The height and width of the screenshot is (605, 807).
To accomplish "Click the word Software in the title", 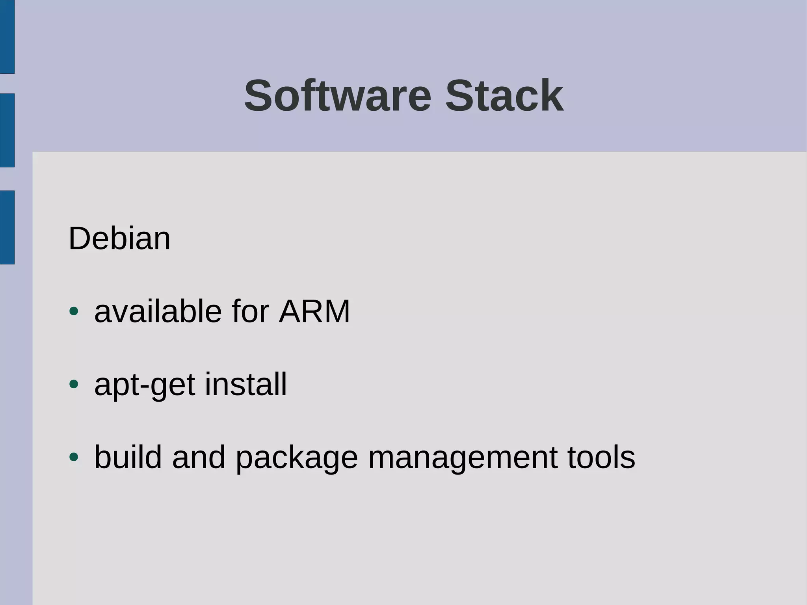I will (338, 96).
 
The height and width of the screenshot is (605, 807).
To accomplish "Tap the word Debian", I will (119, 238).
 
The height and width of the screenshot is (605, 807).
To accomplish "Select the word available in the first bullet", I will (158, 311).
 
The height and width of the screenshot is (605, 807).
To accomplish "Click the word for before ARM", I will (250, 311).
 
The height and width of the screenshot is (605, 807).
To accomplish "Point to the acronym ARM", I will (314, 311).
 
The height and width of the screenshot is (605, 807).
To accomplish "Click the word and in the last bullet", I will (199, 457).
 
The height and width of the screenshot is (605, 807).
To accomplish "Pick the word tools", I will (601, 457).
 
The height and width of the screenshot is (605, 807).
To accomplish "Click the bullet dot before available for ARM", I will (74, 311).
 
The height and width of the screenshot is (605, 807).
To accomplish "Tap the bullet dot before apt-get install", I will (74, 384).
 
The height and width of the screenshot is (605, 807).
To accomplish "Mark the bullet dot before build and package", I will (74, 457).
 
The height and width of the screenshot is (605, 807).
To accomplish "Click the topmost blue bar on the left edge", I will (7, 37).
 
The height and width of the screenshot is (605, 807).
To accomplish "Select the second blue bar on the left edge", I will (7, 130).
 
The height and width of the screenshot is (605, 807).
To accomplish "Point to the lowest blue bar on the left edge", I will (7, 227).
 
